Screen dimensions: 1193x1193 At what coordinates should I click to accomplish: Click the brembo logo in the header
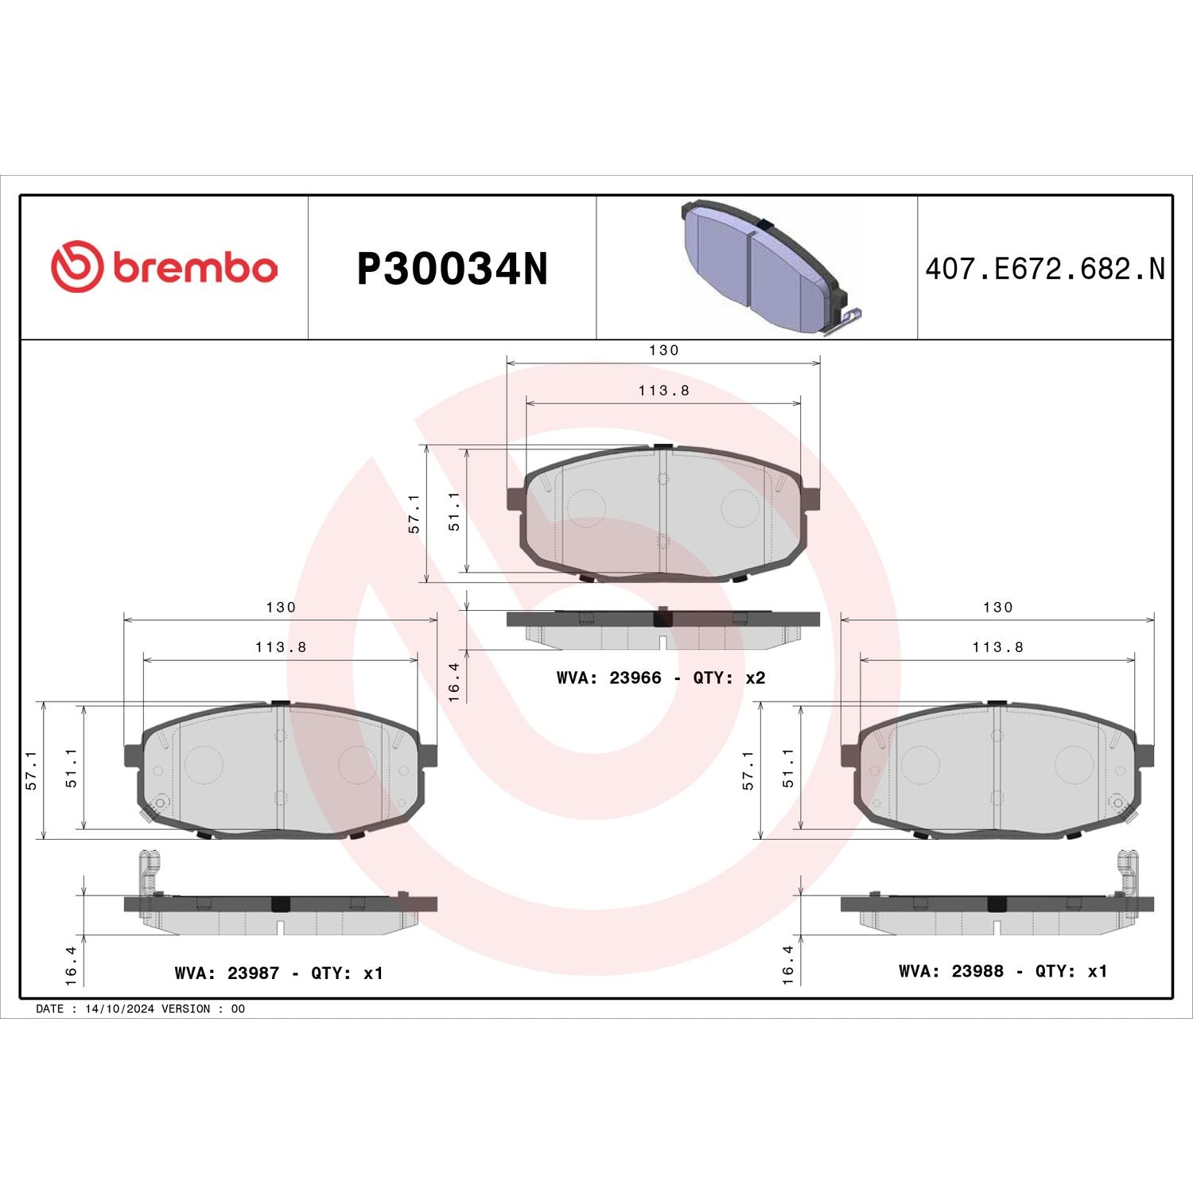click(165, 267)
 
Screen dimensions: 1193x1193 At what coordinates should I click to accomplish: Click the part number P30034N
click(452, 270)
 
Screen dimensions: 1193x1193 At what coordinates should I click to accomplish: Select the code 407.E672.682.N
click(1044, 269)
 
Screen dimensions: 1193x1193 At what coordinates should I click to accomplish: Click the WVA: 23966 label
click(608, 678)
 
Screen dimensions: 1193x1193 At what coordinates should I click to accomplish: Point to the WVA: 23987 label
click(227, 973)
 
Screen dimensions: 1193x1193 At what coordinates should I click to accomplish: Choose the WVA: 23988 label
click(950, 971)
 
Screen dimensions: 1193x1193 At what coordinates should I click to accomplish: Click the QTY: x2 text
click(729, 678)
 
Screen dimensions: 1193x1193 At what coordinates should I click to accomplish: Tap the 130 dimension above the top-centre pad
click(663, 350)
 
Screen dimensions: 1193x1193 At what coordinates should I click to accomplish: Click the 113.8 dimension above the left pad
click(281, 647)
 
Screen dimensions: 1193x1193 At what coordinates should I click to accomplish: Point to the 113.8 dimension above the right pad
click(997, 647)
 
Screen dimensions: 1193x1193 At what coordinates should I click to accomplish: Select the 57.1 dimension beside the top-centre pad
click(414, 513)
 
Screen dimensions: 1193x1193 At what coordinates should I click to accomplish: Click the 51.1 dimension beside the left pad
click(72, 767)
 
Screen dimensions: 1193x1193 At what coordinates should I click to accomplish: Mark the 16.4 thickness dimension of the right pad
click(787, 964)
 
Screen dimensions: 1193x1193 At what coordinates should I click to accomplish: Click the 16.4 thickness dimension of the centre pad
click(453, 682)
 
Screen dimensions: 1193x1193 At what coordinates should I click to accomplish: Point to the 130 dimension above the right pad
click(997, 608)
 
